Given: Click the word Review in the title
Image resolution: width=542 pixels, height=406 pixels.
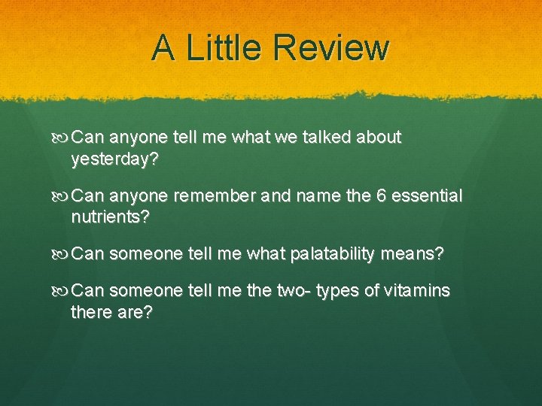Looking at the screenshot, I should click(x=332, y=48).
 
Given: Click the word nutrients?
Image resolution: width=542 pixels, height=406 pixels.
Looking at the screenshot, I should click(x=110, y=218).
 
